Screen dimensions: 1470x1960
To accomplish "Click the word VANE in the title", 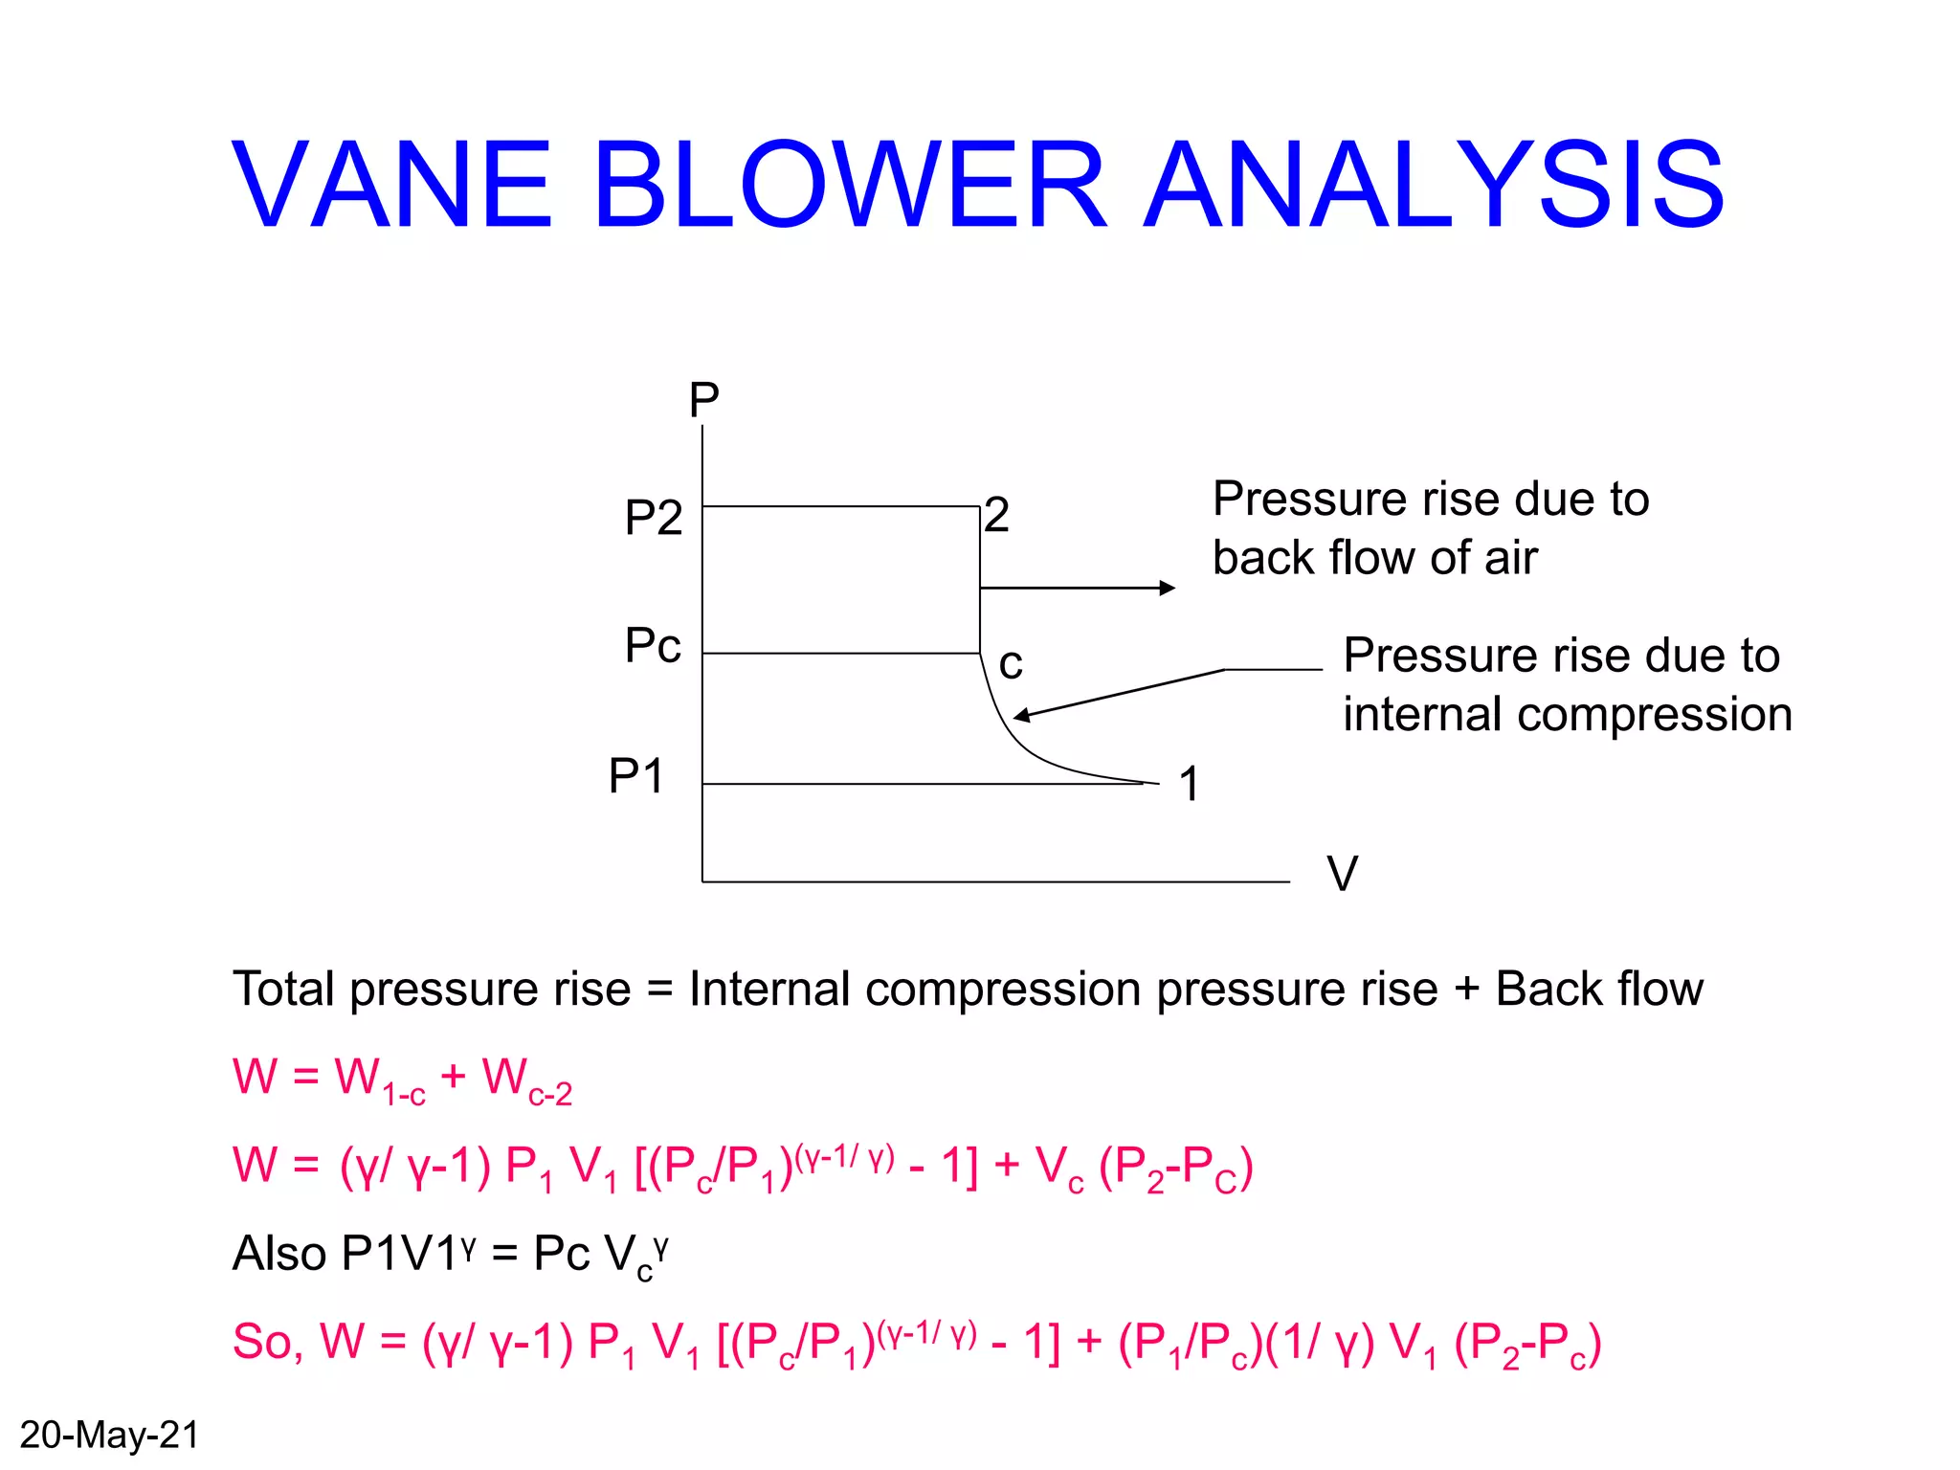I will click(391, 186).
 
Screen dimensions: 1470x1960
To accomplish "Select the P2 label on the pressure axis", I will click(653, 518).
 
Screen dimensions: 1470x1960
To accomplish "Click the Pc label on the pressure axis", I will click(653, 645).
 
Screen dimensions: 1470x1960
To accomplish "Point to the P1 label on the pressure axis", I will click(636, 775).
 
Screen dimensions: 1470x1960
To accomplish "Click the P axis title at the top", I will click(703, 399).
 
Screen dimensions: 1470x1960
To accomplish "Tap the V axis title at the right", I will click(1342, 873).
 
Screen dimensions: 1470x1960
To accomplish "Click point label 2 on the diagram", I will click(997, 515).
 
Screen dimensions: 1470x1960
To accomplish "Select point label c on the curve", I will click(1011, 663).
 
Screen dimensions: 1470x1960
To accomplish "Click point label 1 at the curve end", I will click(1190, 784).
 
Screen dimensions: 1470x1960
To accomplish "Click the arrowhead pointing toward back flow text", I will click(1167, 588).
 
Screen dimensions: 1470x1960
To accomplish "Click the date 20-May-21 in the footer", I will click(109, 1435).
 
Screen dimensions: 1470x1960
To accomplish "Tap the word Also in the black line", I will click(279, 1253).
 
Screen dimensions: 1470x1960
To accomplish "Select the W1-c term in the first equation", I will click(379, 1080).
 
